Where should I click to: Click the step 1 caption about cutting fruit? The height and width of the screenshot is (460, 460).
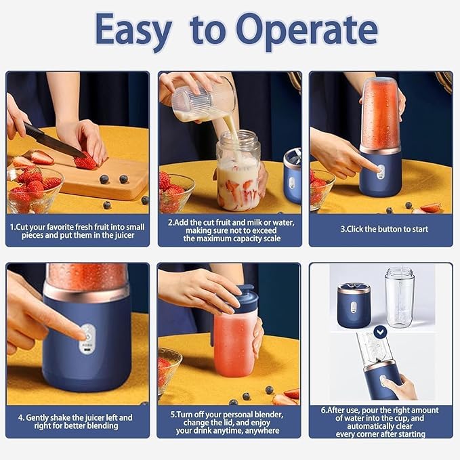(77, 229)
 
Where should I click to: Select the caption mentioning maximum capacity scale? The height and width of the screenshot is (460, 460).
(229, 229)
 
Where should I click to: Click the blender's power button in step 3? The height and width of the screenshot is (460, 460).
(380, 171)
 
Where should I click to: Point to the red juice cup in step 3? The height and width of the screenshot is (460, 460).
(380, 112)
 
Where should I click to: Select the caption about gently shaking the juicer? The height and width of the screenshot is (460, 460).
(77, 421)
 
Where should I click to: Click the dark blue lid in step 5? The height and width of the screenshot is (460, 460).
(242, 299)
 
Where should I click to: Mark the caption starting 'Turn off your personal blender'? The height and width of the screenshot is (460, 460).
(229, 421)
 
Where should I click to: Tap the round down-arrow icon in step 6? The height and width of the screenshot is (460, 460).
(380, 331)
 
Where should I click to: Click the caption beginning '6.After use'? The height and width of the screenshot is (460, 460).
(381, 421)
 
